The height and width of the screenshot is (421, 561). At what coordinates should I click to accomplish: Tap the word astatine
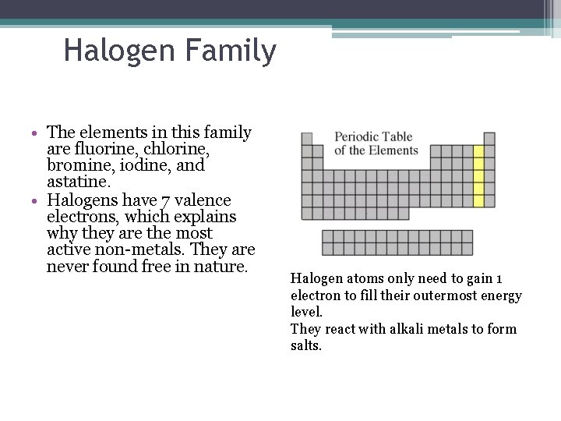coord(77,182)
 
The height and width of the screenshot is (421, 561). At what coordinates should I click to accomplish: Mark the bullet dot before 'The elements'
coord(37,133)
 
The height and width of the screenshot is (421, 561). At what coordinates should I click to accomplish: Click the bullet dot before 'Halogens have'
coord(37,200)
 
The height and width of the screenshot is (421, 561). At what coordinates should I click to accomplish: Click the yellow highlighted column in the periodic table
coord(478,175)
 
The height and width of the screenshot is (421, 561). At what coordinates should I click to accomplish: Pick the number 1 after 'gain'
coord(499,279)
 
